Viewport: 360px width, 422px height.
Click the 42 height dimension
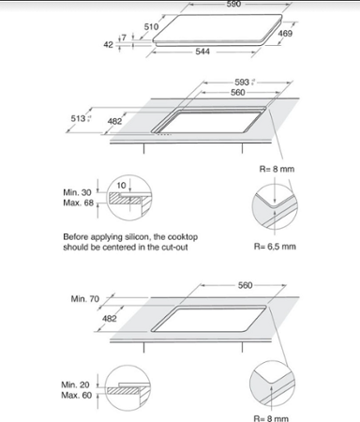[108, 44]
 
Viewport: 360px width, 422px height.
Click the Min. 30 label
[77, 192]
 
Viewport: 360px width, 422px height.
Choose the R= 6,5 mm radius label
[276, 247]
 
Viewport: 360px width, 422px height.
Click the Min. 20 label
[77, 384]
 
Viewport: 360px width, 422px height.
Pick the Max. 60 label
[77, 396]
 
